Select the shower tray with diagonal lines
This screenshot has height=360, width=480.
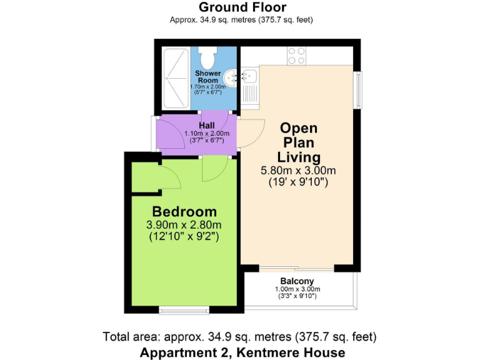click(x=175, y=73)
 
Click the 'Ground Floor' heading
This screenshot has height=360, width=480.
click(x=242, y=7)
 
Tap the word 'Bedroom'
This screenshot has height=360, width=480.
click(x=184, y=211)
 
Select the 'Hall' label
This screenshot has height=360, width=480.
click(x=207, y=126)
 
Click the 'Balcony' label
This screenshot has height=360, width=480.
click(x=297, y=281)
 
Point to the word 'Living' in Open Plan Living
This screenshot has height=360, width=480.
click(x=299, y=157)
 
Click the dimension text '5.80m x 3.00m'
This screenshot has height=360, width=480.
click(x=298, y=171)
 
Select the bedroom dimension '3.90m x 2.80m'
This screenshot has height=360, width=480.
click(x=184, y=225)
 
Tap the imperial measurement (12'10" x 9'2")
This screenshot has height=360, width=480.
click(x=184, y=237)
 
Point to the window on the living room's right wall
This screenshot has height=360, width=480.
click(x=359, y=90)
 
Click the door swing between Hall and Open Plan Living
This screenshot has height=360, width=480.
click(x=248, y=133)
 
